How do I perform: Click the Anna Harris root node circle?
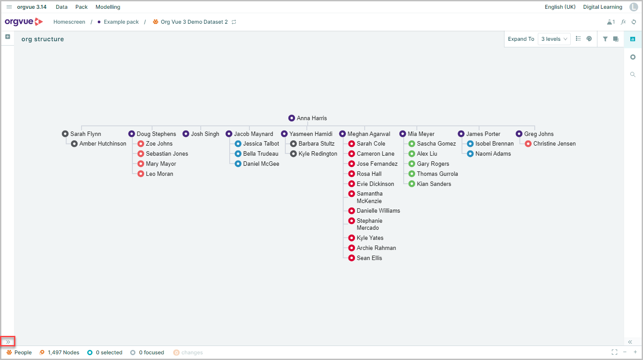pos(291,118)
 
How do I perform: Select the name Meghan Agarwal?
pos(369,134)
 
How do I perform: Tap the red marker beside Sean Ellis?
pos(352,258)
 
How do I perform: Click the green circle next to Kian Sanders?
pos(412,184)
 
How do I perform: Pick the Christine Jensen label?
pos(554,143)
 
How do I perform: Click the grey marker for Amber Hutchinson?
pos(74,143)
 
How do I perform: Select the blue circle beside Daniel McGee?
pos(238,164)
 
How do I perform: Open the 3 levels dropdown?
pos(554,39)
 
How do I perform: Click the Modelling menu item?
pos(108,7)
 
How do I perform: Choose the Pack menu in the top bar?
pos(81,7)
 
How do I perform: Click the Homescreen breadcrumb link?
pos(69,22)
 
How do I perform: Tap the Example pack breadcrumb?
pos(121,22)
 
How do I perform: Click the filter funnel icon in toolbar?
pos(605,39)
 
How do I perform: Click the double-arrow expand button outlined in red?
pos(8,342)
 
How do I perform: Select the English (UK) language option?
pos(560,7)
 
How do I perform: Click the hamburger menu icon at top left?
pos(9,7)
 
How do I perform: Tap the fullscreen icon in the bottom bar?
pos(615,352)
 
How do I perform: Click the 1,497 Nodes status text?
pos(64,352)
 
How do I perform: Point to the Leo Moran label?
pos(159,174)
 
